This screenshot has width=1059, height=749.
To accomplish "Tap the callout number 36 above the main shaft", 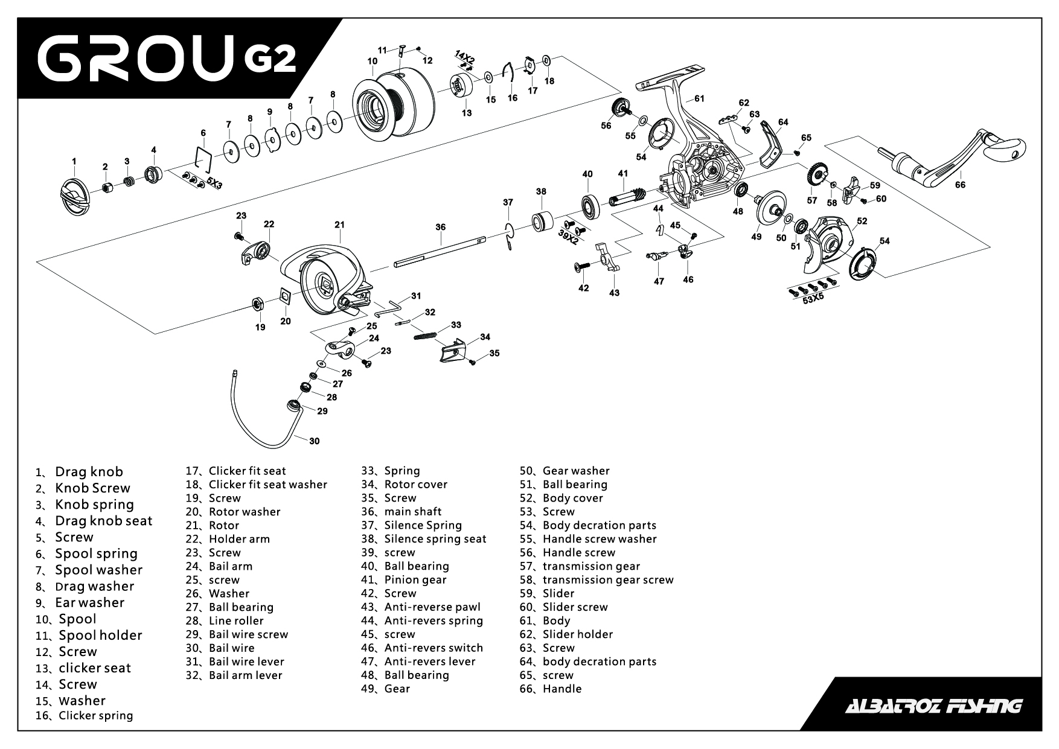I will point(440,227).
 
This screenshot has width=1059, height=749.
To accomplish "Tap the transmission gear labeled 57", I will point(816,175).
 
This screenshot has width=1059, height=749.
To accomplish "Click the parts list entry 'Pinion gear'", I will point(415,580).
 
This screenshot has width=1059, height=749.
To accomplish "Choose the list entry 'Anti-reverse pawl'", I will point(432,607).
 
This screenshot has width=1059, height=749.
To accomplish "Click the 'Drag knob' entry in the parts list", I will point(89,472).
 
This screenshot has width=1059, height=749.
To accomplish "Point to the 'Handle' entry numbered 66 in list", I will point(561,689).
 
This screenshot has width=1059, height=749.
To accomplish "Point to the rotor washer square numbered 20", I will point(285,296).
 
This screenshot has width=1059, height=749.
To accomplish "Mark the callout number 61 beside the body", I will point(699,98).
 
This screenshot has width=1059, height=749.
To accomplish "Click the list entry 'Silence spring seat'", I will point(435,539).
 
